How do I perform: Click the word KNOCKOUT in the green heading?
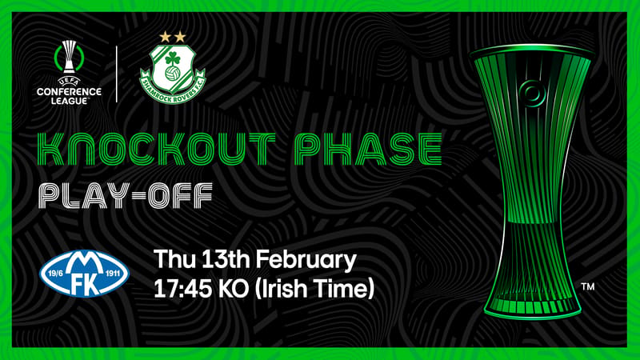(156, 149)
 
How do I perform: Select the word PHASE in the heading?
(368, 149)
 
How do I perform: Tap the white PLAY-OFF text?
(126, 196)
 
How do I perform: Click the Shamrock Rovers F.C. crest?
(173, 74)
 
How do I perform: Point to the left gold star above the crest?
(165, 37)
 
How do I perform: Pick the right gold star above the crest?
(180, 37)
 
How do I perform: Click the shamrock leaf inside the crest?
(173, 59)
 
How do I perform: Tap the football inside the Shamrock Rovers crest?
(172, 74)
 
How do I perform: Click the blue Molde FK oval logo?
(85, 273)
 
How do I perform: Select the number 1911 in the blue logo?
(112, 274)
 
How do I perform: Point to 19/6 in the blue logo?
(55, 274)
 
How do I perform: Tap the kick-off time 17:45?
(182, 289)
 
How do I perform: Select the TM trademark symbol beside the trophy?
(588, 287)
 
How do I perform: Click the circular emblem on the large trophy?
(532, 94)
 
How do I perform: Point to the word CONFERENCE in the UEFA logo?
(69, 92)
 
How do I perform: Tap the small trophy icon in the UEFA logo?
(69, 56)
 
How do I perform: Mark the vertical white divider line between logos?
(117, 74)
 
